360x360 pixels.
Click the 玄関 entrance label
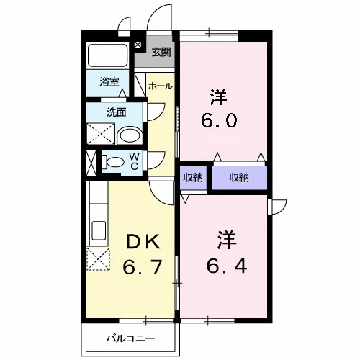pos(161,52)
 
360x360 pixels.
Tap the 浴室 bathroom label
pos(109,82)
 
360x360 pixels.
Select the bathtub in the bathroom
pos(107,55)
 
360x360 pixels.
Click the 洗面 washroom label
pos(117,112)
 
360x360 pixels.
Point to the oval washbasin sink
pos(130,135)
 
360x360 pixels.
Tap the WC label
pos(135,161)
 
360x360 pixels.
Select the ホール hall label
pos(161,86)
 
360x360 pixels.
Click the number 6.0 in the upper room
pos(220,120)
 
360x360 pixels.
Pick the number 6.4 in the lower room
pos(227,266)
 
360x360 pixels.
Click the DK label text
pos(143,242)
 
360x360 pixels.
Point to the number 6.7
pos(142,266)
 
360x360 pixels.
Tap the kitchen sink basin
pos(99,230)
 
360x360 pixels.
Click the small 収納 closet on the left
pos(193,178)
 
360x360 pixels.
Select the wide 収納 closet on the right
pos(239,178)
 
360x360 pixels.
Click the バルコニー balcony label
pos(130,338)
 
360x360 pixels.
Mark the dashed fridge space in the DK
pos(99,258)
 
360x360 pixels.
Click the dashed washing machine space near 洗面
pos(101,134)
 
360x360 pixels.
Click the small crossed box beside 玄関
pos(138,45)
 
